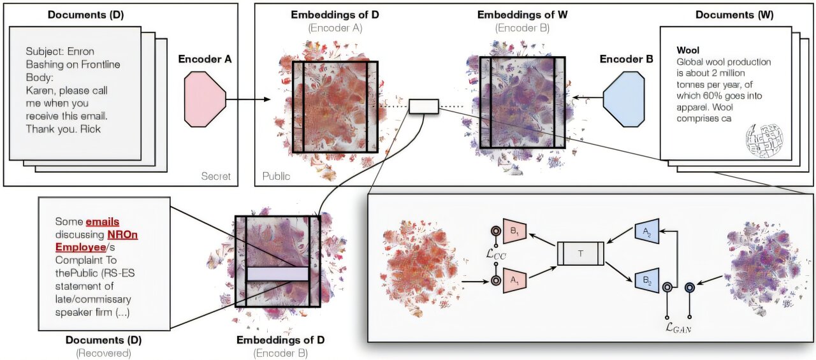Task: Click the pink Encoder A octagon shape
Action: coord(205,99)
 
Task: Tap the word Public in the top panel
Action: coord(275,175)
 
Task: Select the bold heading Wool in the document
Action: coord(688,50)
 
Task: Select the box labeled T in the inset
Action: coord(580,253)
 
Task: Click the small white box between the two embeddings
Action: coord(423,106)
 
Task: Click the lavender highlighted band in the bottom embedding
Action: coord(277,273)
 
